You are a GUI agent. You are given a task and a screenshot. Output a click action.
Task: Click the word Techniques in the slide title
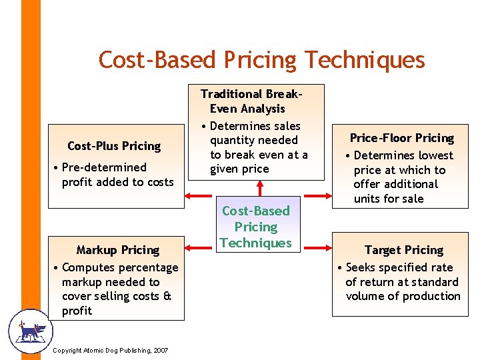(365, 60)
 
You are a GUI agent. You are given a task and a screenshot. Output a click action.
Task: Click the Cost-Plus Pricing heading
(114, 146)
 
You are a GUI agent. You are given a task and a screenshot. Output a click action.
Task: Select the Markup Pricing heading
(117, 250)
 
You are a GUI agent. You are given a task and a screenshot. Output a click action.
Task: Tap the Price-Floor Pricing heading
(401, 138)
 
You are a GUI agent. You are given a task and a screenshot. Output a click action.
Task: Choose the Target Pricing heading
(403, 250)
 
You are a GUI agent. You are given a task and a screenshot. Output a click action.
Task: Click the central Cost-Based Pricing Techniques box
(256, 227)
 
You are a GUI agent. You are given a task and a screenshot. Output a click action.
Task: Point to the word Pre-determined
(103, 167)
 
